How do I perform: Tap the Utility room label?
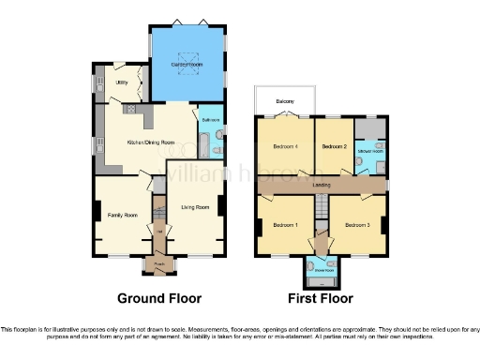pos(121,82)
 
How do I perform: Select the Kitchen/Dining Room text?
pos(151,142)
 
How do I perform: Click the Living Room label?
pos(195,207)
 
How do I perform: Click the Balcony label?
pos(285,100)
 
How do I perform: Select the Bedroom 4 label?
pos(285,147)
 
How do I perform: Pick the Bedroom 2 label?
pos(335,147)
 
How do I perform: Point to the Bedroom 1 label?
pos(285,225)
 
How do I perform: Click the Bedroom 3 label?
pos(355,225)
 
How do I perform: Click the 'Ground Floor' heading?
pos(158,299)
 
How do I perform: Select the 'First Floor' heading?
pos(321,299)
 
